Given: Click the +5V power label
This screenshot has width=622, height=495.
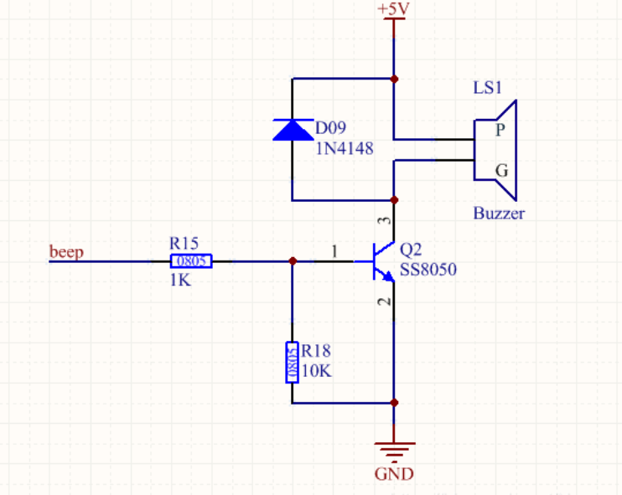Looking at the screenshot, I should click(394, 8).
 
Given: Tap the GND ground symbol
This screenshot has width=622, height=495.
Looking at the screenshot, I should click(394, 448).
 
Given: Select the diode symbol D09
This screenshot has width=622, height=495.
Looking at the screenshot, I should click(292, 129).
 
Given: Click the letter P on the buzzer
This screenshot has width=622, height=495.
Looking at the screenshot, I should click(500, 130).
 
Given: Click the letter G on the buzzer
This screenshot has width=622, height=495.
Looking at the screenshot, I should click(501, 170).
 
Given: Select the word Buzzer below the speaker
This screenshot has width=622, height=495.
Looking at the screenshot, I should click(499, 213).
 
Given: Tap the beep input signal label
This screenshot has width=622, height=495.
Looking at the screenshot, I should click(66, 251).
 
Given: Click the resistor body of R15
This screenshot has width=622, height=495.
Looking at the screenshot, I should click(190, 261).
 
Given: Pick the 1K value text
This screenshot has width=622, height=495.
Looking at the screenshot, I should click(180, 281).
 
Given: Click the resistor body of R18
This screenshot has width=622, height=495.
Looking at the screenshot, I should click(292, 362).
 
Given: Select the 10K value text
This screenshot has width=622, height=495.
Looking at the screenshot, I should click(317, 369).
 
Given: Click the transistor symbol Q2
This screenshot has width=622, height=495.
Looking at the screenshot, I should click(381, 261).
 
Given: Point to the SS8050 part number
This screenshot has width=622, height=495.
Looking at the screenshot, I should click(428, 269).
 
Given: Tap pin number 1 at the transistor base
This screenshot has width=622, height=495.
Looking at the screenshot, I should click(334, 250).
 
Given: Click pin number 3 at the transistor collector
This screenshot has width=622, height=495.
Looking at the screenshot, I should click(385, 221).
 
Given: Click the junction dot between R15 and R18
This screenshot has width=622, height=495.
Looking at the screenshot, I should click(292, 261).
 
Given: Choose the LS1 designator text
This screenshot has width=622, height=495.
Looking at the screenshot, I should click(489, 88).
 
